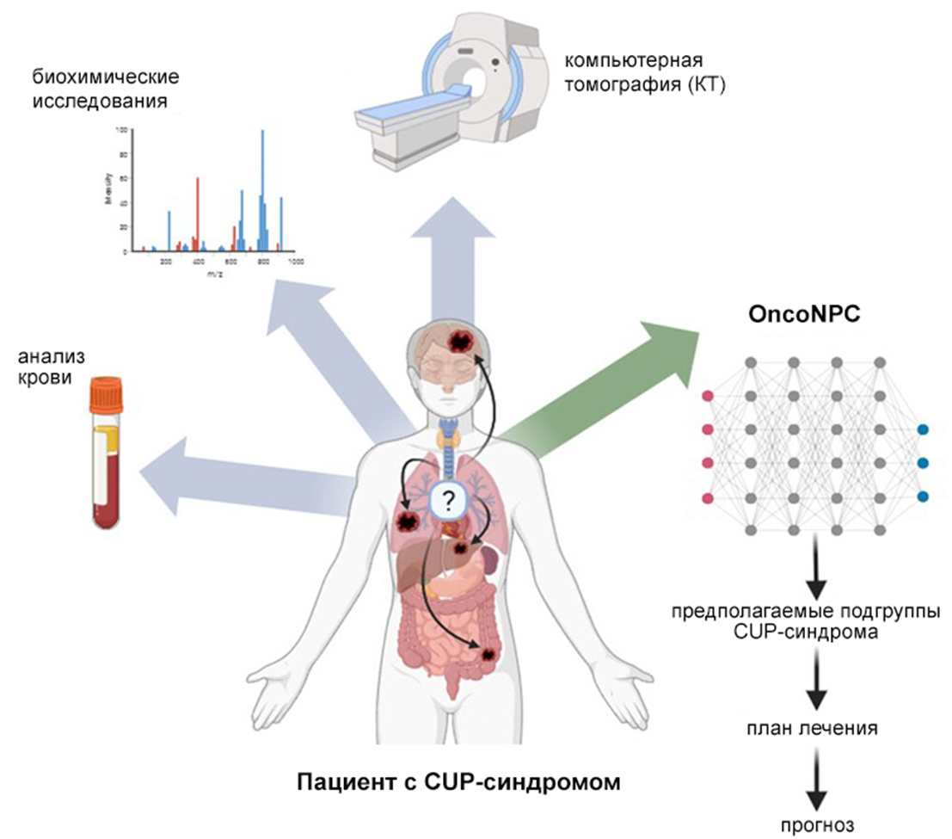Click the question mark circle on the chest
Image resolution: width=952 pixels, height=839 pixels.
(447, 497)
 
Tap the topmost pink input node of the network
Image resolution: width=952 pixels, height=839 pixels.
(708, 396)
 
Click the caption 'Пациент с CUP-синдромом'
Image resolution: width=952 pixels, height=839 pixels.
(458, 782)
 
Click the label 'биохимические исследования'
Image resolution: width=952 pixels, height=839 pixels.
(105, 89)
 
